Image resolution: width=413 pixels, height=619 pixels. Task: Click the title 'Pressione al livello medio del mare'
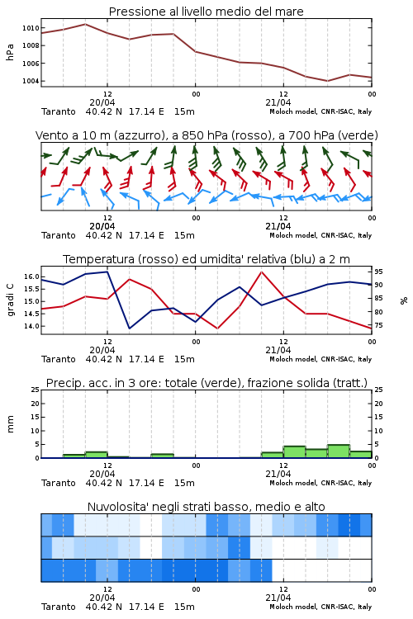point(206,12)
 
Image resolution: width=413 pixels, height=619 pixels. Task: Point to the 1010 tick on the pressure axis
point(31,28)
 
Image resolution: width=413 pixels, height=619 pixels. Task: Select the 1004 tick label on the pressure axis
point(31,81)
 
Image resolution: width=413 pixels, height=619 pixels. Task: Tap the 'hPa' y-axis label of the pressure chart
point(10,52)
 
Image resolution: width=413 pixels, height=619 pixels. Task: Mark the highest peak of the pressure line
point(85,24)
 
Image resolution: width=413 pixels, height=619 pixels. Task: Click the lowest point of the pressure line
point(327,81)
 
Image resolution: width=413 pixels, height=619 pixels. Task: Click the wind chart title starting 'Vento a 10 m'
point(206,135)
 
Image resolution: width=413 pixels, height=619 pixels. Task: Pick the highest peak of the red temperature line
point(261,272)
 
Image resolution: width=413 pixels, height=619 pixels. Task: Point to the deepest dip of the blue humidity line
point(129,328)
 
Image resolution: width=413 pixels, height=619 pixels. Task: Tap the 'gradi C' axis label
point(10,300)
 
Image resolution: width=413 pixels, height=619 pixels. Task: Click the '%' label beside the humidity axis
point(404,300)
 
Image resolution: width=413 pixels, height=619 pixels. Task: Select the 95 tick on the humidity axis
point(378,272)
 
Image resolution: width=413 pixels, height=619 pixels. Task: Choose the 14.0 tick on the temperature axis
point(31,326)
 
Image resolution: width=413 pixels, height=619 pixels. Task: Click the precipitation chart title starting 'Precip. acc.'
point(206,383)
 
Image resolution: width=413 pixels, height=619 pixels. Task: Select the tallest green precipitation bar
point(339,451)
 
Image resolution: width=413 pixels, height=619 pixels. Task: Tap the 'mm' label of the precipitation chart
point(10,424)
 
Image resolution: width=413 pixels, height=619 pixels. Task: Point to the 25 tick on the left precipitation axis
point(36,390)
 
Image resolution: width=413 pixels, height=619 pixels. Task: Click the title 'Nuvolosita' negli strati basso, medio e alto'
point(206,507)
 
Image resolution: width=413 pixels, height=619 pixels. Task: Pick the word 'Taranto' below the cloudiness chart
point(59,607)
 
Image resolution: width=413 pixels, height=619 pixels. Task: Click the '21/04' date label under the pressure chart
point(278,102)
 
